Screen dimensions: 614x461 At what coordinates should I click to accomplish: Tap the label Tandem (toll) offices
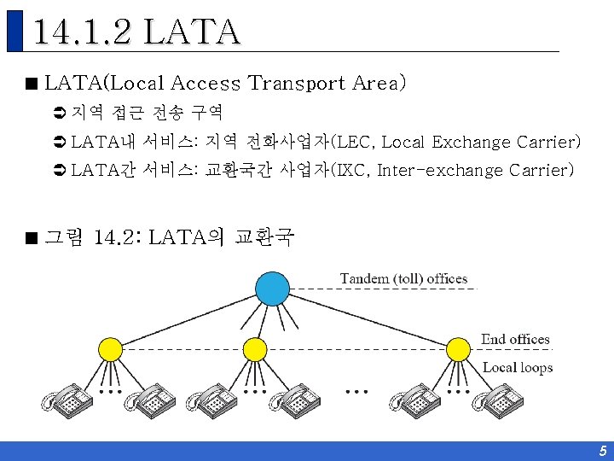click(x=403, y=278)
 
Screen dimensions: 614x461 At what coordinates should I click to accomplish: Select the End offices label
click(x=515, y=339)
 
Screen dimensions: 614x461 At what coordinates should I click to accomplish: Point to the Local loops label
click(x=518, y=368)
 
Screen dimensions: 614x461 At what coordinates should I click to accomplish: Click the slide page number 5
click(x=602, y=451)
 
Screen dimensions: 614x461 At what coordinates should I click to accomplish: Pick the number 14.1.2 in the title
click(x=83, y=32)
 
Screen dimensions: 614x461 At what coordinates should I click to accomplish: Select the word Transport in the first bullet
click(x=296, y=84)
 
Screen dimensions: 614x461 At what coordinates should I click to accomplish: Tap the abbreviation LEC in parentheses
click(x=353, y=142)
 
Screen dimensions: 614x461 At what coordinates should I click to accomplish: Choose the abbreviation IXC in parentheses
click(x=351, y=170)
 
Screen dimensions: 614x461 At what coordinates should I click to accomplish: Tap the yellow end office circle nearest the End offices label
click(x=459, y=348)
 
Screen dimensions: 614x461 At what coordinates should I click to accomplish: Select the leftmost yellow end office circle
click(x=110, y=349)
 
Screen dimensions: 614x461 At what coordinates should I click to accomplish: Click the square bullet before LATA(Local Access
click(x=32, y=85)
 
